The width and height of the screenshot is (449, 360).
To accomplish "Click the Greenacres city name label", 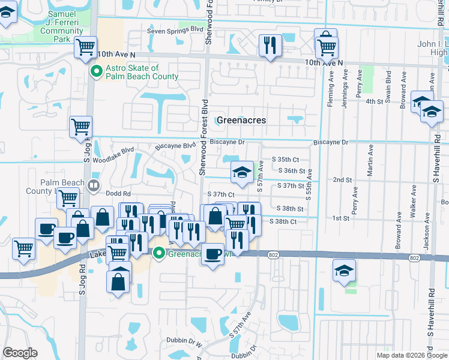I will (x=241, y=120).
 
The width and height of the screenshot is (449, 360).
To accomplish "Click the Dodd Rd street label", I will (x=119, y=194).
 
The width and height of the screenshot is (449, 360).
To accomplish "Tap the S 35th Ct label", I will (x=285, y=160).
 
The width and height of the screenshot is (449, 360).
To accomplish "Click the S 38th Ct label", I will (x=284, y=222).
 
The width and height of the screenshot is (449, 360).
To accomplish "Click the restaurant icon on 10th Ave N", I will (x=270, y=45).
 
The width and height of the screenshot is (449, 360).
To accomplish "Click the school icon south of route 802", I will (x=345, y=270).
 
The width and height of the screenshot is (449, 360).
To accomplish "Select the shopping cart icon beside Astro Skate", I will (x=86, y=46).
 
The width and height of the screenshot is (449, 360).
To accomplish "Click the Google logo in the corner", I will (x=20, y=353).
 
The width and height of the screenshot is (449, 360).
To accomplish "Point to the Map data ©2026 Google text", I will (x=411, y=355).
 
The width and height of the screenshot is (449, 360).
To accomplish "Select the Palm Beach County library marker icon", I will (x=93, y=185).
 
